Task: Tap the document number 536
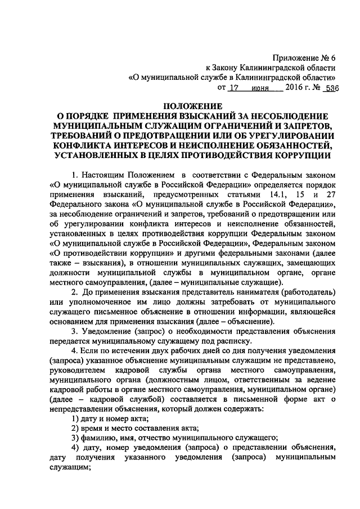tap(328, 89)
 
